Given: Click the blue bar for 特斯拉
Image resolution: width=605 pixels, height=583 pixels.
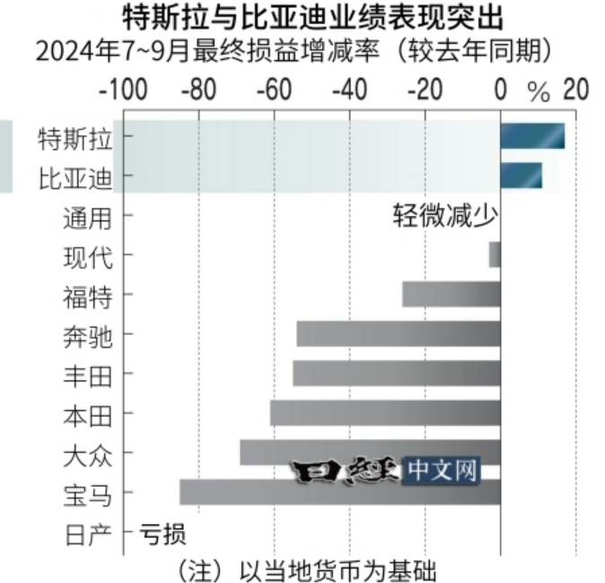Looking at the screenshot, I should (532, 136).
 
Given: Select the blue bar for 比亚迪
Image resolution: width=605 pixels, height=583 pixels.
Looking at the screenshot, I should (521, 176).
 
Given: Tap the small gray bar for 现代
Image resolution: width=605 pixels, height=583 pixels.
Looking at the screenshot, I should (495, 255).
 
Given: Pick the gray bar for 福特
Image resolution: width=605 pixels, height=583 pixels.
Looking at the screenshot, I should (451, 294).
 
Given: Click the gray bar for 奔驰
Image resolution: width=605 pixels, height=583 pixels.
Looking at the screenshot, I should (399, 334).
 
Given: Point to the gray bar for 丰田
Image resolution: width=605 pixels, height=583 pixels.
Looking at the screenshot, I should (397, 373).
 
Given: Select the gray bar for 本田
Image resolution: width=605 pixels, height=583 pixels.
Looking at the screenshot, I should (385, 413).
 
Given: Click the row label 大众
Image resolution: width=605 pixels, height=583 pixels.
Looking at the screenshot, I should (88, 454).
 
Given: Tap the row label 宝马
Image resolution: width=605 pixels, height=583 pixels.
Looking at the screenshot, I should (88, 493).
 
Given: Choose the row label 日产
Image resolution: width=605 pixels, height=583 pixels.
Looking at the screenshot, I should (88, 535).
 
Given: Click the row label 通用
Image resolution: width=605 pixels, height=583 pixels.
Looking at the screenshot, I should (88, 217).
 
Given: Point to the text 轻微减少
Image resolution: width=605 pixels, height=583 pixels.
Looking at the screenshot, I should (444, 216).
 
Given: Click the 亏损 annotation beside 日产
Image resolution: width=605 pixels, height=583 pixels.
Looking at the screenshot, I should (162, 535).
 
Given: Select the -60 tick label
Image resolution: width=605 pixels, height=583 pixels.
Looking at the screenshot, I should (272, 90).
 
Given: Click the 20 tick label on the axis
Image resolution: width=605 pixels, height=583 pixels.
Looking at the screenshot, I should (574, 90).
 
